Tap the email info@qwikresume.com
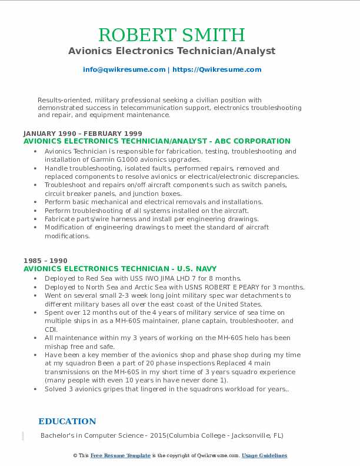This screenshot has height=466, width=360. click(x=124, y=69)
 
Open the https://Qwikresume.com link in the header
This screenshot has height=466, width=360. click(x=216, y=69)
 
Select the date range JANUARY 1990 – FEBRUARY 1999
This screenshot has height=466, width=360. click(x=83, y=134)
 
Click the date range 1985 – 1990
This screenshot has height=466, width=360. click(x=45, y=261)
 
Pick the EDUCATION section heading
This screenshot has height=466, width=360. click(x=67, y=421)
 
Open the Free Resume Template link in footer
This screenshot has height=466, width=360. click(x=121, y=455)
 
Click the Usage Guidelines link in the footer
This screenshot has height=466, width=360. click(x=264, y=455)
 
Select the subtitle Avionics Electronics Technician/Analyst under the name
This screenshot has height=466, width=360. click(x=172, y=51)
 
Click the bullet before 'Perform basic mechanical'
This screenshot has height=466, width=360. click(x=36, y=202)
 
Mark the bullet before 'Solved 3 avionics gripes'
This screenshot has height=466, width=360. click(x=36, y=389)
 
